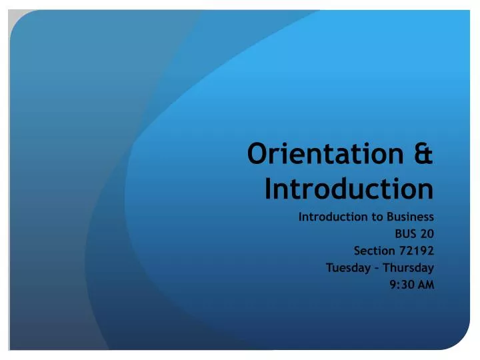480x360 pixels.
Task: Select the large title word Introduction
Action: coord(349,189)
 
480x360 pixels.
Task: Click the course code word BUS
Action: coord(405,234)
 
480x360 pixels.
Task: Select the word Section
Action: coord(373,251)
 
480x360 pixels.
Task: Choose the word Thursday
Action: coord(409,268)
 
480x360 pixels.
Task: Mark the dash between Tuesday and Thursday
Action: coord(377,269)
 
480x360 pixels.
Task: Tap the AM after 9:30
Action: coord(425,285)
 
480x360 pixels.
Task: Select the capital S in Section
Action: coord(357,251)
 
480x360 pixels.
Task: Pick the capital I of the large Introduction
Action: coord(269,189)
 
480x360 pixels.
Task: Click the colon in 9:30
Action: coord(397,286)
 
